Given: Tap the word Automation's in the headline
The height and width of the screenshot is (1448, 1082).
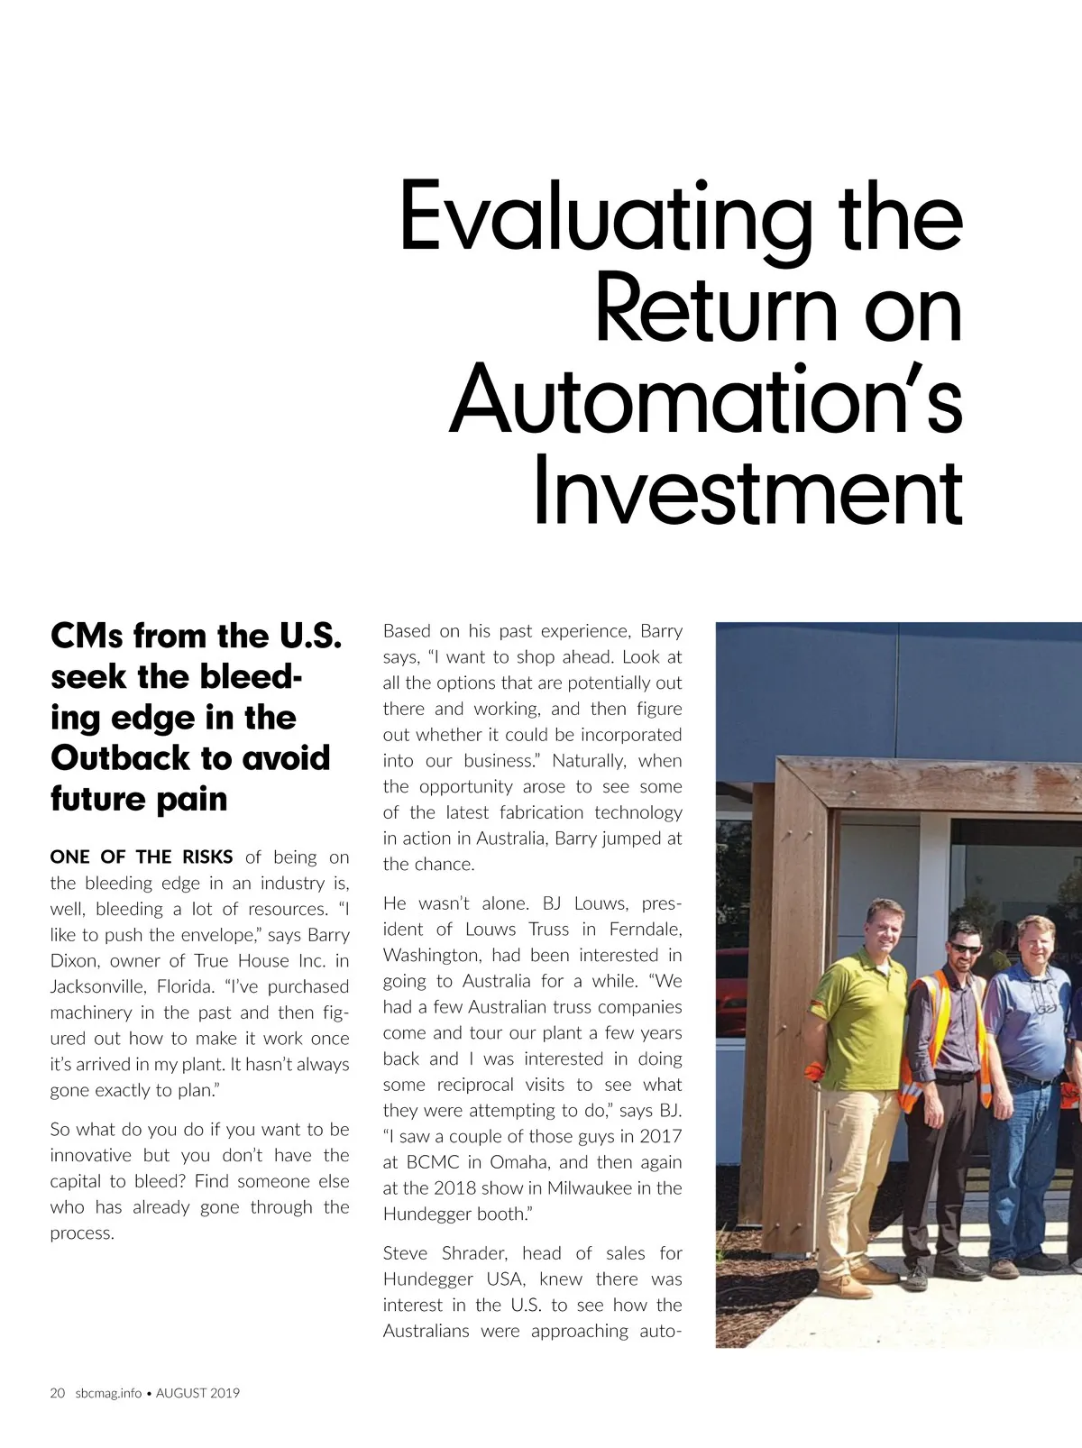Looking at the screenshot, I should click(x=706, y=399).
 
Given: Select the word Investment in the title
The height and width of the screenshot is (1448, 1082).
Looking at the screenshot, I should click(x=747, y=491).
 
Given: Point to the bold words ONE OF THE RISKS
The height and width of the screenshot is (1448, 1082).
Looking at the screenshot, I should click(x=142, y=857).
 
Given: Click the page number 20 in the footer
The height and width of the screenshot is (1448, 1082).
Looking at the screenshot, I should click(x=58, y=1393).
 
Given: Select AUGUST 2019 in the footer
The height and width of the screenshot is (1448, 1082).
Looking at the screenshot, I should click(x=198, y=1393).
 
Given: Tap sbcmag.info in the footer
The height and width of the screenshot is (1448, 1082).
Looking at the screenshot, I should click(x=108, y=1393).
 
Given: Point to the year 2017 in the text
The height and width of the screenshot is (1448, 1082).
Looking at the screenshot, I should click(x=660, y=1136).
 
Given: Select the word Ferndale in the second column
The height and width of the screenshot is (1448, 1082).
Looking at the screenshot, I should click(x=646, y=929).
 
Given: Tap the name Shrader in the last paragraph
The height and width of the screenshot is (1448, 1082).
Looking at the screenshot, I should click(x=476, y=1253).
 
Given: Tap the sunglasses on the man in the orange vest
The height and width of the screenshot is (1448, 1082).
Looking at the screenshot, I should click(x=967, y=948).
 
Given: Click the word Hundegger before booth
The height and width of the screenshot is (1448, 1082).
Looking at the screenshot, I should click(x=427, y=1214).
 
